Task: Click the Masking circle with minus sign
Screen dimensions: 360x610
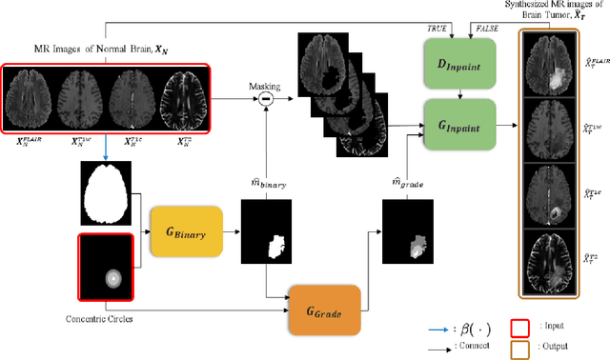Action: pos(267,98)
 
